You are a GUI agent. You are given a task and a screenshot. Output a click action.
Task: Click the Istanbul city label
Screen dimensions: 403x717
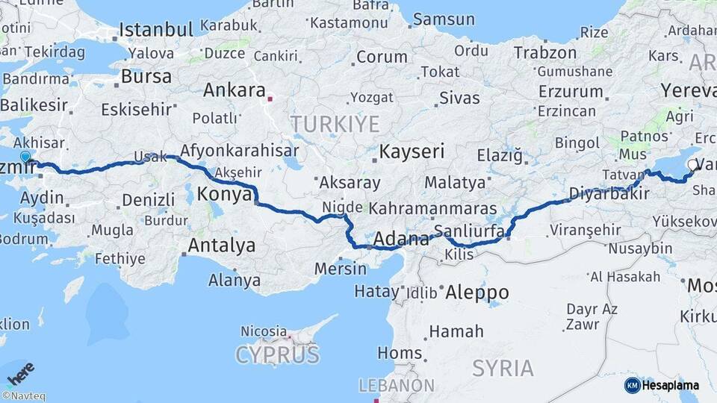[156, 30]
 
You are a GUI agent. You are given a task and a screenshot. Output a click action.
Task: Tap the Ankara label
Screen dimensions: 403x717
[235, 91]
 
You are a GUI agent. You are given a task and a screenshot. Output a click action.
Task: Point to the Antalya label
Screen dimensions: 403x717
[221, 245]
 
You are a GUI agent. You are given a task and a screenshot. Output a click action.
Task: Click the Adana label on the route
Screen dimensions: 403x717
[401, 240]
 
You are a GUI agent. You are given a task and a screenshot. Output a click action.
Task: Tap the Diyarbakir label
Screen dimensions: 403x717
[606, 193]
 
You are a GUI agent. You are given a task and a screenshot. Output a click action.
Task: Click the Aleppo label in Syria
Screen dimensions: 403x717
[477, 292]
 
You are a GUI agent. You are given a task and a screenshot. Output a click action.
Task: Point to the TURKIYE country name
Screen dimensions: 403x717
[335, 124]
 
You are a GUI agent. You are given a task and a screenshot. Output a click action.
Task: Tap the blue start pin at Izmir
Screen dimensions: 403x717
[26, 157]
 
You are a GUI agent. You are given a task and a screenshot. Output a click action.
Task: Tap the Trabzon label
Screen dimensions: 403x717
[544, 53]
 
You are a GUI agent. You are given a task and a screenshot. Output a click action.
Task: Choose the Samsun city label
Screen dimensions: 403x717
[444, 19]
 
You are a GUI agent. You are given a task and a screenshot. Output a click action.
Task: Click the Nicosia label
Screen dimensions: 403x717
[264, 330]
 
